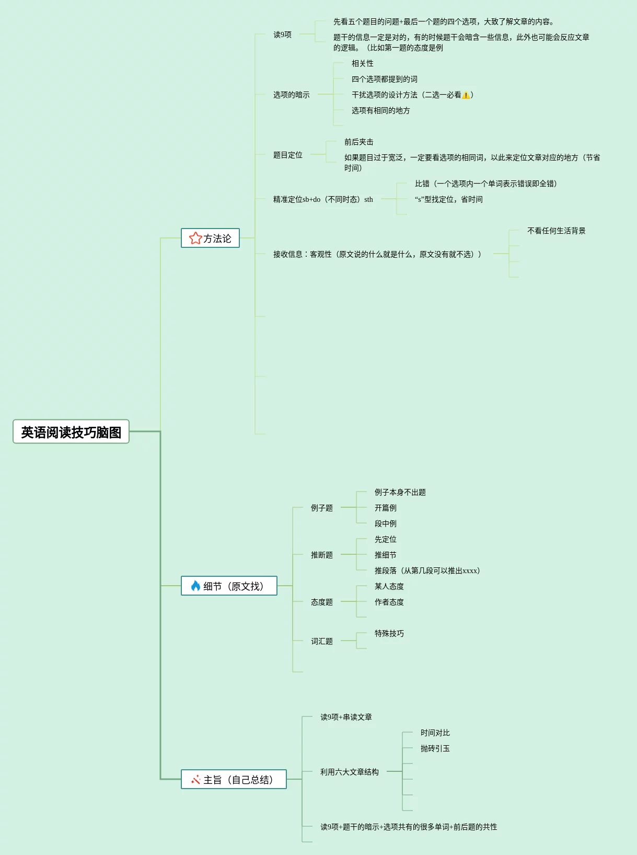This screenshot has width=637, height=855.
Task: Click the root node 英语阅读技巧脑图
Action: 71,432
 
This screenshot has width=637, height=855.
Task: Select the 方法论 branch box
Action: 210,238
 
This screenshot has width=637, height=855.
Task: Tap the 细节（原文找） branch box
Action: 229,586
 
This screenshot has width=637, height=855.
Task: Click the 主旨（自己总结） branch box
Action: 234,780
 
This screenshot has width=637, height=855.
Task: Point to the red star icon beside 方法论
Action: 195,238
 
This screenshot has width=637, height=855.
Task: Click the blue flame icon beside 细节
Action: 195,586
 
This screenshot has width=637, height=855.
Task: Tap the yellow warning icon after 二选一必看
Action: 466,95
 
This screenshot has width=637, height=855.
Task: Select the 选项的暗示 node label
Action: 291,95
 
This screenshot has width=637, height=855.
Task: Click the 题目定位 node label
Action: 287,155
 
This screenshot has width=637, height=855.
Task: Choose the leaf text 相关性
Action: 362,63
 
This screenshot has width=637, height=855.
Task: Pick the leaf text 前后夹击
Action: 358,142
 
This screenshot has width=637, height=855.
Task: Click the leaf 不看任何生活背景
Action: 556,231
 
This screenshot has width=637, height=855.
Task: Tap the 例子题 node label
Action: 321,508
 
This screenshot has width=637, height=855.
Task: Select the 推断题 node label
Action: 321,555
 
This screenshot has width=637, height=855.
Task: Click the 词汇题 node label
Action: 321,641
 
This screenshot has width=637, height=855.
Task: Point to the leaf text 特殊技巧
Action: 389,633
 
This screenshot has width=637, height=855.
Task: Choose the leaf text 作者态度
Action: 389,602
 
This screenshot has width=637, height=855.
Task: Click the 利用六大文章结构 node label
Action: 349,772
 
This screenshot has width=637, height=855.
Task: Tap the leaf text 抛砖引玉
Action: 435,748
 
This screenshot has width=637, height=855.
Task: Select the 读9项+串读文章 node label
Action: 346,717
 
